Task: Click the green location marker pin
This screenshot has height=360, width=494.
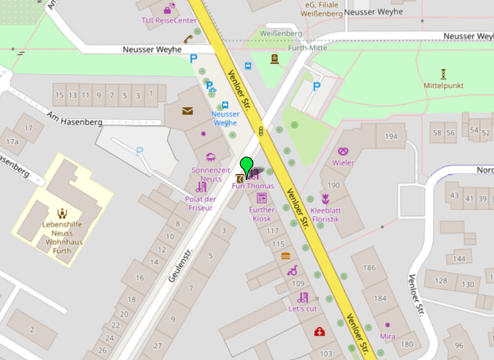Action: point(246,166)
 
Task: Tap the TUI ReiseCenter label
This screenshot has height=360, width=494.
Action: point(169,20)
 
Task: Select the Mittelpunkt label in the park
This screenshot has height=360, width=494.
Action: point(443,85)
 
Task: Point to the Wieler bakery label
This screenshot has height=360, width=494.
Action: point(343,163)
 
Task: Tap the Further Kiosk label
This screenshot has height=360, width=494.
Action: point(262,214)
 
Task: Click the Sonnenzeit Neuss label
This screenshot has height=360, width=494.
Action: point(210,174)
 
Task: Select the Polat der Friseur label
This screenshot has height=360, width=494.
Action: point(200,203)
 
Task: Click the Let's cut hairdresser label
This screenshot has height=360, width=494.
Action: point(302,309)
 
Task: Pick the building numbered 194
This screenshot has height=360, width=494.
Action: point(391,136)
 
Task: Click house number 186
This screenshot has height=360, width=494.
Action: point(369,267)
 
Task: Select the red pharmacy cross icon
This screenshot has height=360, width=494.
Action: point(319,332)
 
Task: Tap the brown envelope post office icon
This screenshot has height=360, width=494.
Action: point(187,111)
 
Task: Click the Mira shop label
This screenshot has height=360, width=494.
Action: point(387,336)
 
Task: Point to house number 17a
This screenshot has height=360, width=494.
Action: point(12,141)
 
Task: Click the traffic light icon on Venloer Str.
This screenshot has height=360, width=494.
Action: point(261,131)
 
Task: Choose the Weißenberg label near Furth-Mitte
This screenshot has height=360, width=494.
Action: point(280,33)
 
